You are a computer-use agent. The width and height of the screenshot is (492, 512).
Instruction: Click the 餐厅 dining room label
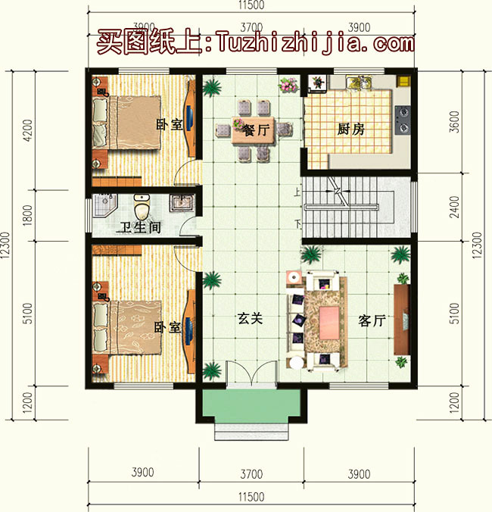pos(257,130)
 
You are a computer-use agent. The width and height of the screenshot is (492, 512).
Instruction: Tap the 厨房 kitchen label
pos(350,129)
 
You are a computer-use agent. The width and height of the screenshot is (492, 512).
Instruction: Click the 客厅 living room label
pos(372,321)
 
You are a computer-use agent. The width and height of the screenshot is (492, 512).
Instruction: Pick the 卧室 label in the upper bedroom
pos(170,124)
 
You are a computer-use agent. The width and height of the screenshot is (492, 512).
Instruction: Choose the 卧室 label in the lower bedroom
pos(167,327)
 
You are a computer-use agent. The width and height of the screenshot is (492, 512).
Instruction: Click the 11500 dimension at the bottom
pos(251,497)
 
